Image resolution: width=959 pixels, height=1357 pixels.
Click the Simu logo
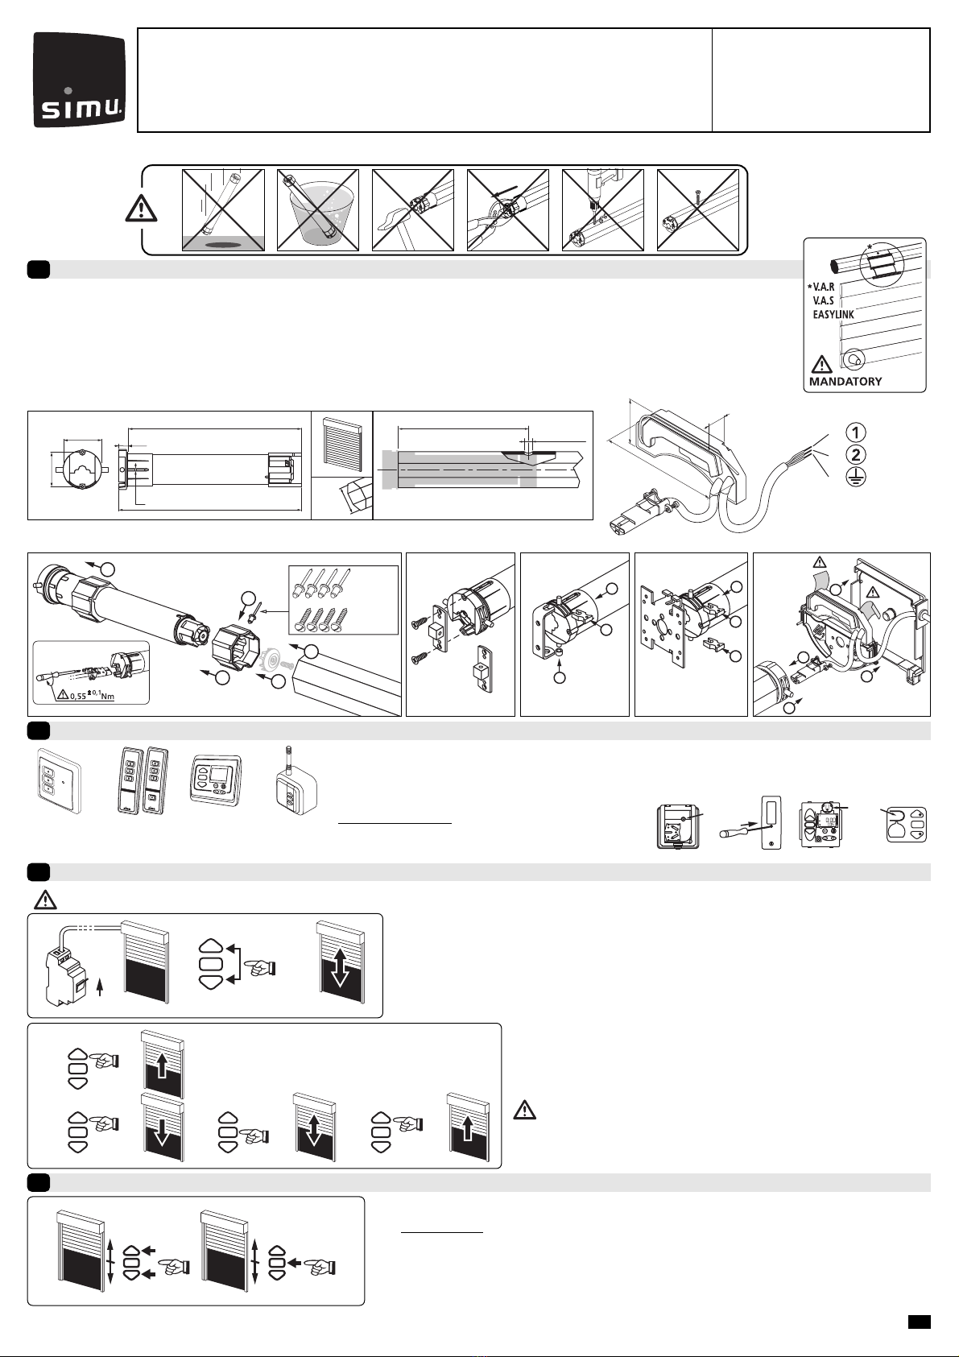(x=80, y=80)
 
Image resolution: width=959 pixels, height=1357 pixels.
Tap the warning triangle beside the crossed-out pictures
(x=141, y=209)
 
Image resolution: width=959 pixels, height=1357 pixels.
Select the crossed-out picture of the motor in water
(x=318, y=209)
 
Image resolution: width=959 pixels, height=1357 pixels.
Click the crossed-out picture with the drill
(x=603, y=209)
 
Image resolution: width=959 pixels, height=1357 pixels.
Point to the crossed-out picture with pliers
(x=507, y=209)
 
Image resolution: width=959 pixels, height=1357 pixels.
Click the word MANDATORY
(x=845, y=382)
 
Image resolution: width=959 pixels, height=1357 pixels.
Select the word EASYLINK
(x=833, y=315)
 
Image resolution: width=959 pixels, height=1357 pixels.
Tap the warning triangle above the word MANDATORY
(x=821, y=365)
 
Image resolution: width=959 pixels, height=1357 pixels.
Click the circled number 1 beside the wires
(x=855, y=432)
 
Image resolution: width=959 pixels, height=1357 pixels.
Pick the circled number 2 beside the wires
(x=855, y=455)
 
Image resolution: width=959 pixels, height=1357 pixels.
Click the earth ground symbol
(x=855, y=478)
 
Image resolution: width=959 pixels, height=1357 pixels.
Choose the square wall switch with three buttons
(x=59, y=781)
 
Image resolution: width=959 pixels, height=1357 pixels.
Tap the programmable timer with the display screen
(x=216, y=780)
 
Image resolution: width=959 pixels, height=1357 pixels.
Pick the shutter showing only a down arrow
(x=162, y=1127)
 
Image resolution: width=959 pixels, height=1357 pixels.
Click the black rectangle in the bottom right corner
(x=919, y=1321)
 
